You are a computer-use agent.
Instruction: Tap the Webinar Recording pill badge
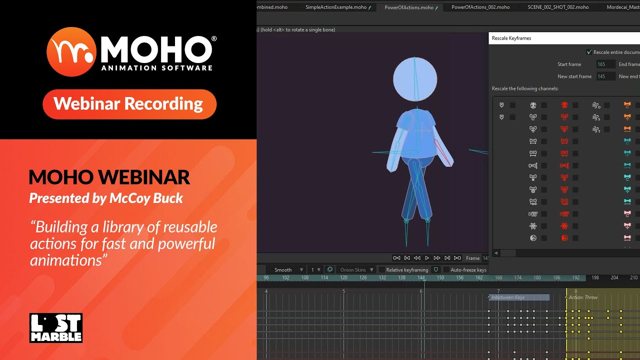[x=129, y=104]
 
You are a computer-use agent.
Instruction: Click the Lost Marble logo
[x=55, y=328]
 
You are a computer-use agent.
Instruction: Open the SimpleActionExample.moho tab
[x=335, y=7]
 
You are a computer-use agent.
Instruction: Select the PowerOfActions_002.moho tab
[x=480, y=7]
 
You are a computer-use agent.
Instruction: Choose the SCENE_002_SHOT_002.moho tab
[x=558, y=7]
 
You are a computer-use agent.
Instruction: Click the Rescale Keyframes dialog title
[x=511, y=38]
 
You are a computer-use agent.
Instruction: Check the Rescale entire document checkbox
[x=589, y=52]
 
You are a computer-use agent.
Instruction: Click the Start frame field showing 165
[x=604, y=64]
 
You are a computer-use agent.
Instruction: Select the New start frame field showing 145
[x=604, y=76]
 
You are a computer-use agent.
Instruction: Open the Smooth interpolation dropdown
[x=288, y=270]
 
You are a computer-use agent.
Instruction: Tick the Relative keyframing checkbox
[x=382, y=270]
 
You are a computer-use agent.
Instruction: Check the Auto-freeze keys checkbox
[x=446, y=270]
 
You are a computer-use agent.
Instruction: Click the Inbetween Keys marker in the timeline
[x=518, y=297]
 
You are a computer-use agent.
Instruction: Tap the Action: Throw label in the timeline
[x=583, y=297]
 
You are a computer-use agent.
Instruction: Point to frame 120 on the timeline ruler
[x=344, y=277]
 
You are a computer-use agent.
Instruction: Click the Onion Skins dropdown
[x=356, y=270]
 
